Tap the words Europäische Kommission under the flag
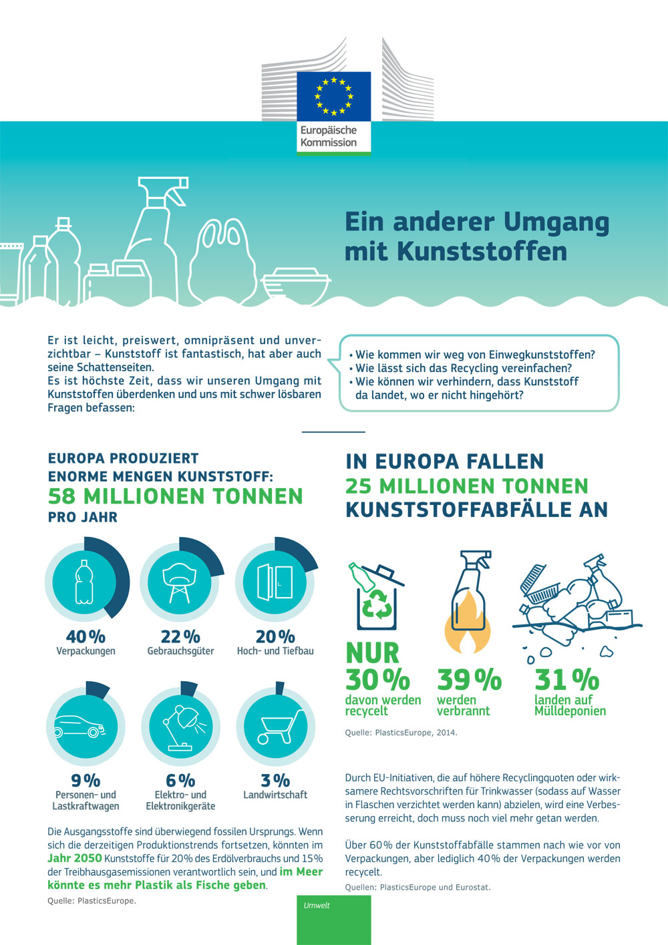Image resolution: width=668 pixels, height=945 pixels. pyautogui.click(x=329, y=136)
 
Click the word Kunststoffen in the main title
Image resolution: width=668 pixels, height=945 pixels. pyautogui.click(x=482, y=252)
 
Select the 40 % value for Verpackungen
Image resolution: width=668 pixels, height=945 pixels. pyautogui.click(x=86, y=636)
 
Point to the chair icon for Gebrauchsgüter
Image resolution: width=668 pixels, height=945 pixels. pyautogui.click(x=180, y=581)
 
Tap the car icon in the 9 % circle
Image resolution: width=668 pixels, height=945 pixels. pyautogui.click(x=80, y=726)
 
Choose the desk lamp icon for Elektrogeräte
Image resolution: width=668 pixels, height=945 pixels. pyautogui.click(x=180, y=727)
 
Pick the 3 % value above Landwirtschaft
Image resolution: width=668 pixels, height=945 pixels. pyautogui.click(x=275, y=780)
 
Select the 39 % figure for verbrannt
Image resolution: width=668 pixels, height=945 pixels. pyautogui.click(x=469, y=680)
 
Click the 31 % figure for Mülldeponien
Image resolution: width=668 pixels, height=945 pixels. pyautogui.click(x=567, y=680)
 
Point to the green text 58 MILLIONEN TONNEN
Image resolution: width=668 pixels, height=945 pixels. pyautogui.click(x=176, y=496)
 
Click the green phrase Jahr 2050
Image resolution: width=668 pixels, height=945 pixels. pyautogui.click(x=75, y=858)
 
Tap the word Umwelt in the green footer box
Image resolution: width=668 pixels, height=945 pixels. pyautogui.click(x=317, y=906)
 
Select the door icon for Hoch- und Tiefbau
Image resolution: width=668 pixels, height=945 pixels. pyautogui.click(x=275, y=581)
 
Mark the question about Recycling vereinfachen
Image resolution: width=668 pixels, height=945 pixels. pyautogui.click(x=464, y=368)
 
